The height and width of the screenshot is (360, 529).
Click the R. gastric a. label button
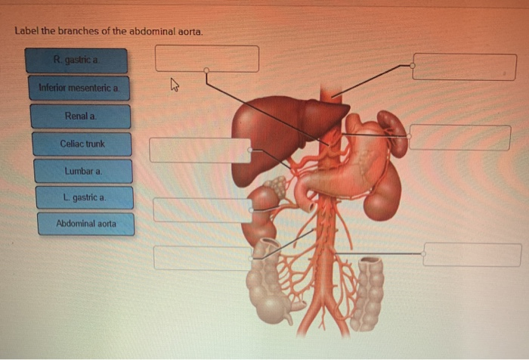tap(76, 61)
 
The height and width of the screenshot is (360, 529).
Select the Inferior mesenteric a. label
tap(79, 88)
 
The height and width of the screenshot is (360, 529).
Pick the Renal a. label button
tap(80, 116)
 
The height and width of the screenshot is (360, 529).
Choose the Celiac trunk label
tap(82, 144)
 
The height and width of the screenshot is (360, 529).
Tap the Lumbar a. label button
tap(82, 171)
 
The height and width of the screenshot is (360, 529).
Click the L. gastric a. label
tap(84, 197)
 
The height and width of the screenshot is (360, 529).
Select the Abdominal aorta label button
tap(85, 224)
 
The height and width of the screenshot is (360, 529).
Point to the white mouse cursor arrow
tap(175, 86)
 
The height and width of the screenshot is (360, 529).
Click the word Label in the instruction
tap(26, 32)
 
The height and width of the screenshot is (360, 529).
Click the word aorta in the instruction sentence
tap(189, 32)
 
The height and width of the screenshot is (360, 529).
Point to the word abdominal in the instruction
tap(151, 32)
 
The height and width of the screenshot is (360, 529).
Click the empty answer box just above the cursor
tap(206, 58)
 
